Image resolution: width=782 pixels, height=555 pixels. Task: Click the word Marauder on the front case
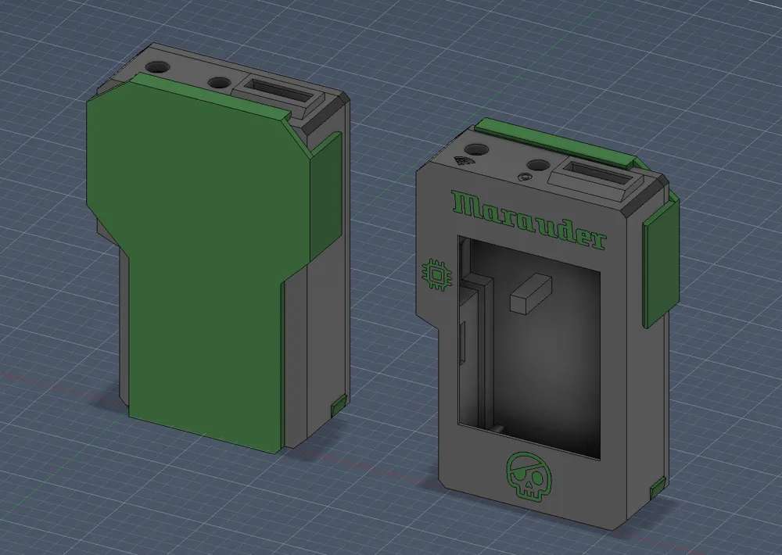529,220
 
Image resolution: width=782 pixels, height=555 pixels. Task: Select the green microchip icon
437,274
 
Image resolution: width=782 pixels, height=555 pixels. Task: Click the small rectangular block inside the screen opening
531,294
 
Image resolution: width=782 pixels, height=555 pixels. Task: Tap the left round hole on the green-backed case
158,67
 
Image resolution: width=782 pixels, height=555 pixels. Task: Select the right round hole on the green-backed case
218,83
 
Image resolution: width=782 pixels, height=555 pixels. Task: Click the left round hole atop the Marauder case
477,149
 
